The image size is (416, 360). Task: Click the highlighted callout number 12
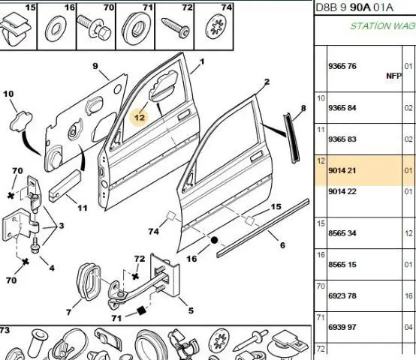pyautogui.click(x=140, y=118)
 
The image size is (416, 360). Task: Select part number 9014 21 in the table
pyautogui.click(x=342, y=170)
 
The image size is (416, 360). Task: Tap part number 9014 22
pyautogui.click(x=342, y=191)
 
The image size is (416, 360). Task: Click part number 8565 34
pyautogui.click(x=342, y=233)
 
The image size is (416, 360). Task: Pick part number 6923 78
pyautogui.click(x=342, y=295)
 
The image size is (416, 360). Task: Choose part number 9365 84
pyautogui.click(x=342, y=108)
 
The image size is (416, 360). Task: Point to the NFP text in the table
pyautogui.click(x=393, y=76)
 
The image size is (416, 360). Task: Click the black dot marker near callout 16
pyautogui.click(x=214, y=240)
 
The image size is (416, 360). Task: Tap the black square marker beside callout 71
pyautogui.click(x=141, y=310)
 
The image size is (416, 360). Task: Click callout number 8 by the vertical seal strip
pyautogui.click(x=303, y=108)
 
